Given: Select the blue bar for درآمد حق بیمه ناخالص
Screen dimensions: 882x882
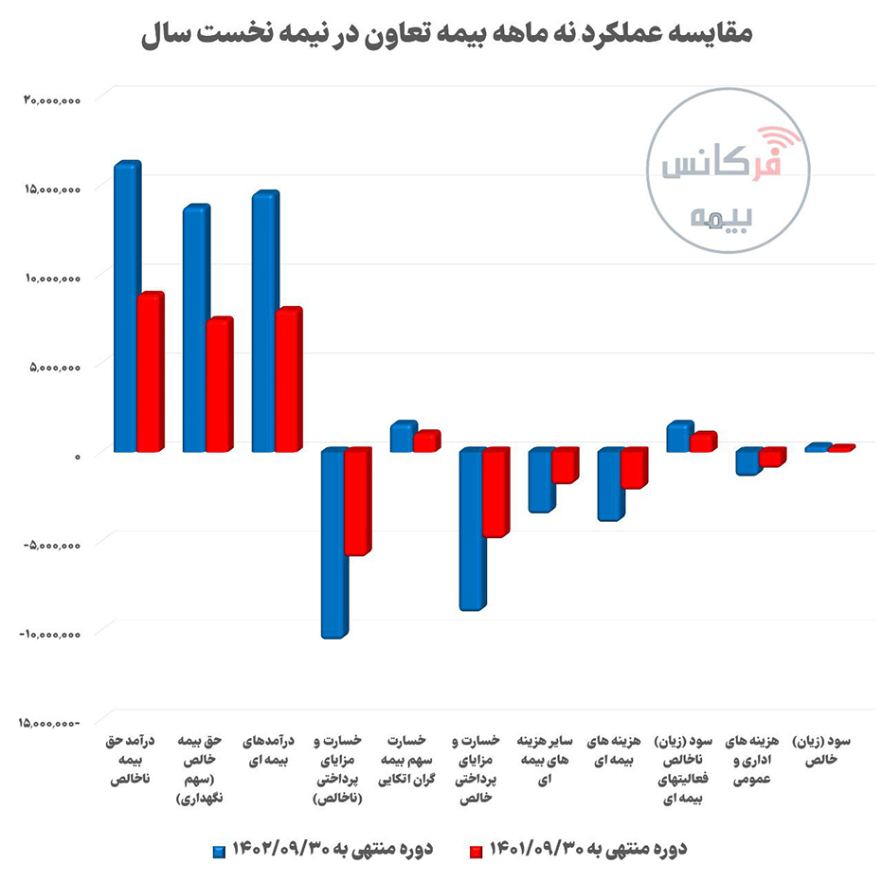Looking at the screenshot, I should pyautogui.click(x=125, y=308).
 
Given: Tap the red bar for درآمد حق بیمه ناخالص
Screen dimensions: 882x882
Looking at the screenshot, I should pyautogui.click(x=150, y=373).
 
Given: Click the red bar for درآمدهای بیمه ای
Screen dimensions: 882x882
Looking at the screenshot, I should pyautogui.click(x=287, y=381).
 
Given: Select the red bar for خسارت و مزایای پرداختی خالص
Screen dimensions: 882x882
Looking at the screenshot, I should pyautogui.click(x=495, y=493).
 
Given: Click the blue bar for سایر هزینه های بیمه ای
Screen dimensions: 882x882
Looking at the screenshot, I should pyautogui.click(x=540, y=480).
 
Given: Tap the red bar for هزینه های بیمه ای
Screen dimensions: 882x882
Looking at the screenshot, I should pyautogui.click(x=633, y=469).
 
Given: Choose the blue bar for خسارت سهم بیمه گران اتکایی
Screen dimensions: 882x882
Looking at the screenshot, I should pyautogui.click(x=402, y=437).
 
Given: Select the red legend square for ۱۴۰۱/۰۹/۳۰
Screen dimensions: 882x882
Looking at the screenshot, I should pyautogui.click(x=476, y=849).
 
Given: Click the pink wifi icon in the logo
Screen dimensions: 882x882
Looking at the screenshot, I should pyautogui.click(x=780, y=141).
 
